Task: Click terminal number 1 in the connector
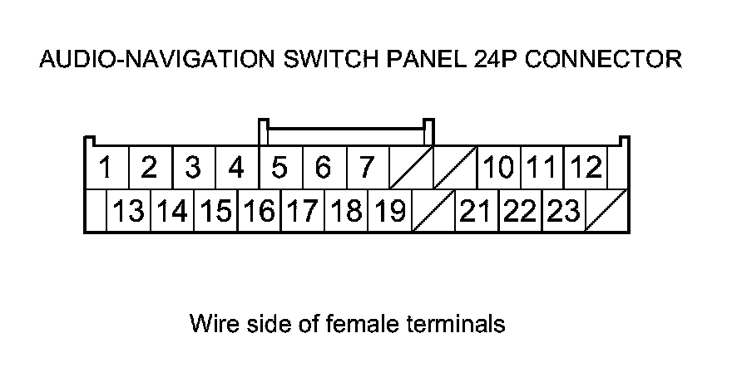coord(106,169)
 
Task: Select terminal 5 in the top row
coord(280,169)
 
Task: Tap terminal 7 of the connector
coord(367,169)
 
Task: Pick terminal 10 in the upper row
coord(498,169)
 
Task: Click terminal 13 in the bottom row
coord(129,212)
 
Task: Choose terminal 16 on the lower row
coord(259,212)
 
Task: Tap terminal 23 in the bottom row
coord(563,212)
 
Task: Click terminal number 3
coord(193,169)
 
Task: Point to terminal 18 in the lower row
coord(346,212)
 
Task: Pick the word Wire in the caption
coord(209,323)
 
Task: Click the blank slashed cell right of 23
coord(607,212)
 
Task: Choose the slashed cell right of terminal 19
coord(433,212)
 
